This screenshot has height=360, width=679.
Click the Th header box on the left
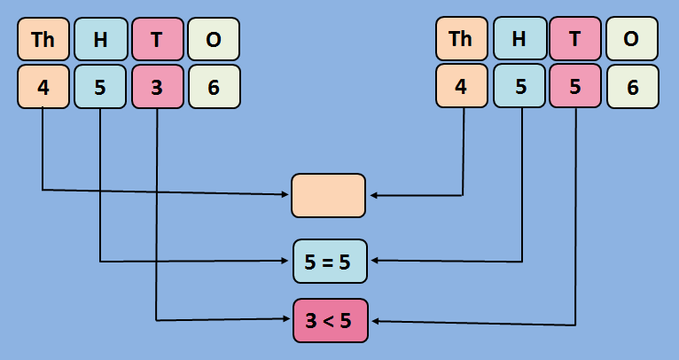[x=43, y=39]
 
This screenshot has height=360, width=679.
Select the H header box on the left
[x=100, y=39]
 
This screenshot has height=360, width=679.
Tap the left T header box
[x=157, y=39]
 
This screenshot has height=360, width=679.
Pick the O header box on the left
[x=214, y=39]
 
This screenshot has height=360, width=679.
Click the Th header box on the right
[x=461, y=39]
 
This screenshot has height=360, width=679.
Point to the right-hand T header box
[x=575, y=39]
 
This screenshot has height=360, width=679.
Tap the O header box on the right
[x=632, y=39]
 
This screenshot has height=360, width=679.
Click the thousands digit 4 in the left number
[x=43, y=87]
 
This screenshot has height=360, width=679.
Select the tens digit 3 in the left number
[x=157, y=87]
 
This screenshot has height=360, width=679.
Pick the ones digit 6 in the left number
[x=214, y=87]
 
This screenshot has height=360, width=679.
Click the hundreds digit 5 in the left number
[x=100, y=87]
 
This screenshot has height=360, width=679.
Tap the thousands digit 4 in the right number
[x=461, y=87]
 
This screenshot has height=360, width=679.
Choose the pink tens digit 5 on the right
[x=575, y=87]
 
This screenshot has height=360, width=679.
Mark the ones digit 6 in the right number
[x=632, y=87]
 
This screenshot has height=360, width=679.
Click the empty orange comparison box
[x=328, y=195]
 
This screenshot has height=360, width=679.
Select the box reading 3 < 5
[x=330, y=321]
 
